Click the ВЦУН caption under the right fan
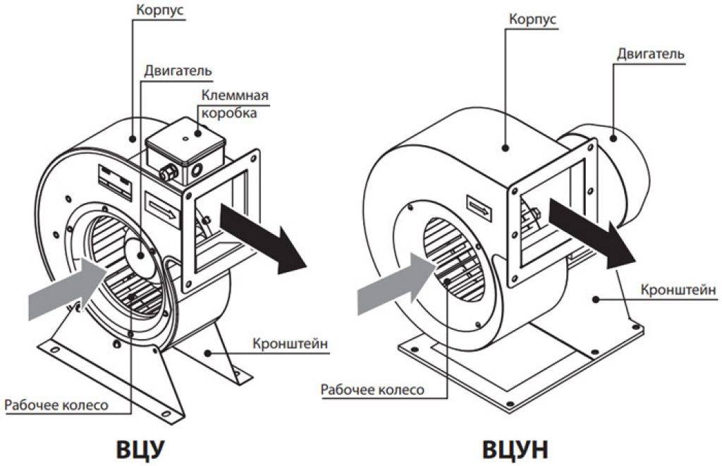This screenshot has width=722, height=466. pyautogui.click(x=515, y=448)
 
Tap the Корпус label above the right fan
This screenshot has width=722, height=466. pyautogui.click(x=532, y=20)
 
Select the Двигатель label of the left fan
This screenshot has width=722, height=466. pyautogui.click(x=178, y=71)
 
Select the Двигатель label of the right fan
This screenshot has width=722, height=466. pyautogui.click(x=649, y=54)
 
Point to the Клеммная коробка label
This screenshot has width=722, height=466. pyautogui.click(x=235, y=104)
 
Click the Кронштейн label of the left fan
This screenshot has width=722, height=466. pyautogui.click(x=290, y=345)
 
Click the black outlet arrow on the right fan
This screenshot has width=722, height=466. pyautogui.click(x=591, y=231)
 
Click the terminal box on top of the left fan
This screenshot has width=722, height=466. pyautogui.click(x=185, y=152)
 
